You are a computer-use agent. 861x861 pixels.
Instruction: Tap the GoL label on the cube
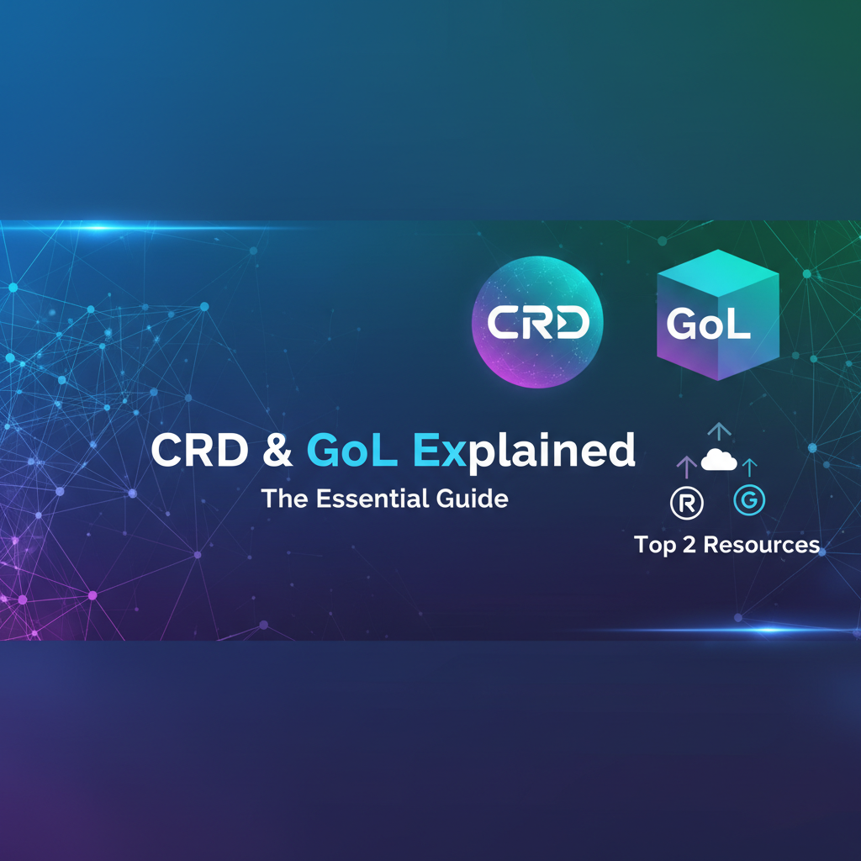click(x=708, y=325)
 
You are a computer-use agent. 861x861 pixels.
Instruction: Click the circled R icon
click(x=686, y=501)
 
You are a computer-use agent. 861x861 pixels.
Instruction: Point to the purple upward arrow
click(x=687, y=465)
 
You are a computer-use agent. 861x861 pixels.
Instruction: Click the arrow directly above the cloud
click(x=719, y=431)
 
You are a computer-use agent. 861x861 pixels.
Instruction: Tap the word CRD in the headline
click(x=200, y=452)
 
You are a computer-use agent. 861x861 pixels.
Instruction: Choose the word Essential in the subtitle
click(x=362, y=498)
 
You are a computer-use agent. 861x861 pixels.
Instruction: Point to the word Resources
click(x=761, y=545)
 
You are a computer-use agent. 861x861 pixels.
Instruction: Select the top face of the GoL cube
click(x=717, y=269)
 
